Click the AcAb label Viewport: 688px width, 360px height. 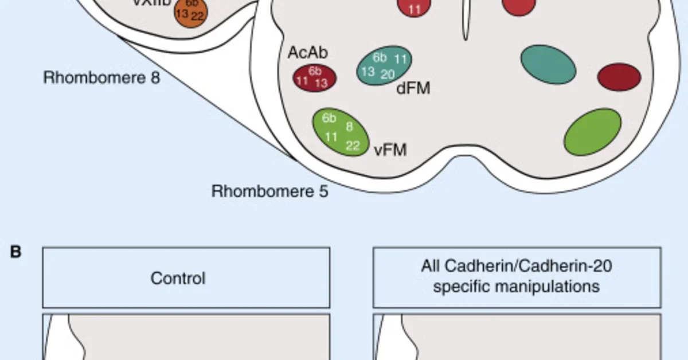coord(308,53)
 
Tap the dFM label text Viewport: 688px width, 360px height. coord(413,88)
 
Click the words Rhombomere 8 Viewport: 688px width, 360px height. coord(101,77)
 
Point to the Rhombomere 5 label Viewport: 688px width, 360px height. coord(270,191)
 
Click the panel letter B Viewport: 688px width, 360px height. coord(15,252)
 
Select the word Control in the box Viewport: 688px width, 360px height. coord(178,279)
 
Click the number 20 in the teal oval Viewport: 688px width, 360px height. coord(388,74)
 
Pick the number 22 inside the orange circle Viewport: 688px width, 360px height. coord(197,16)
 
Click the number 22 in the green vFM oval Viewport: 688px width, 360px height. coord(353,146)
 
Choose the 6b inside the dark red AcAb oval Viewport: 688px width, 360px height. coord(315,71)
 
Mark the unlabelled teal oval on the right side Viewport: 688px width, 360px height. coord(548,64)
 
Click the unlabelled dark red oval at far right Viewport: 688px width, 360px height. coord(619,77)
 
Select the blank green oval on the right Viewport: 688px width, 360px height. coord(593,131)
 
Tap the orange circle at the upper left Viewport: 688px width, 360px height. coord(191,13)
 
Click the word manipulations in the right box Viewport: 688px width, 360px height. coord(516,286)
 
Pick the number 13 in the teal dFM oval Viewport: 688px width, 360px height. coord(368,71)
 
